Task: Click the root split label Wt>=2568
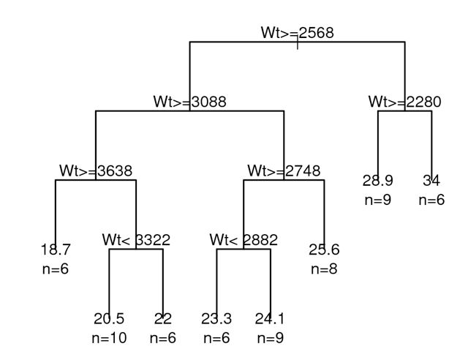[x=297, y=33]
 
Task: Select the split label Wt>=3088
[x=189, y=102]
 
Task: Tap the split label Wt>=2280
[x=404, y=102]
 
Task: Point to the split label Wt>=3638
[x=96, y=171]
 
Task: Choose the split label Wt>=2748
[x=284, y=171]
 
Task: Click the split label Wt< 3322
[x=136, y=240]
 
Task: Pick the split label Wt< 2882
[x=244, y=240]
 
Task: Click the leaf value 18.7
[x=56, y=250]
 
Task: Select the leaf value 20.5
[x=109, y=318]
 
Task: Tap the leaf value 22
[x=163, y=318]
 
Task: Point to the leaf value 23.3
[x=216, y=318]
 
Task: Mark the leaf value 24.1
[x=271, y=318]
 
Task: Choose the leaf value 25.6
[x=324, y=250]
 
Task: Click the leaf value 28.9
[x=377, y=180]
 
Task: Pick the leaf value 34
[x=431, y=180]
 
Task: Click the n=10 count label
[x=109, y=338]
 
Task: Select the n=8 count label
[x=324, y=269]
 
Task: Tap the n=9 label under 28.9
[x=377, y=200]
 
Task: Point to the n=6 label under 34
[x=431, y=200]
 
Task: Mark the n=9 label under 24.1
[x=271, y=338]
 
